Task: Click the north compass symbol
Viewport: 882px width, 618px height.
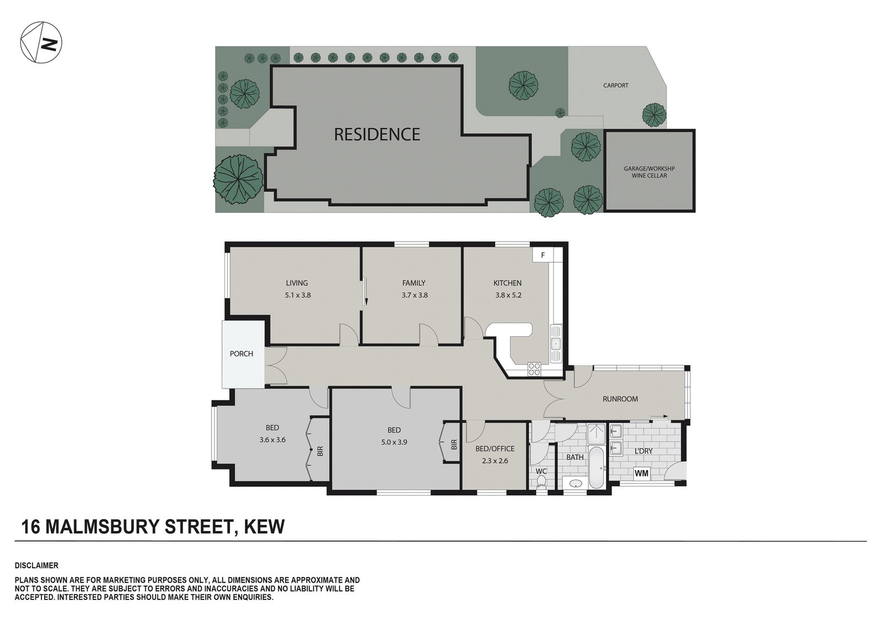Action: pyautogui.click(x=41, y=42)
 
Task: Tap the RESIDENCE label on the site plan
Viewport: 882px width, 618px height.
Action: pyautogui.click(x=377, y=135)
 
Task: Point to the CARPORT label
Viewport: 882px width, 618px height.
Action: pyautogui.click(x=615, y=85)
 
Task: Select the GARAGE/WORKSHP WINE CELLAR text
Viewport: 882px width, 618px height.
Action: pyautogui.click(x=649, y=172)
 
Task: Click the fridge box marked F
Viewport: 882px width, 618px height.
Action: pyautogui.click(x=542, y=255)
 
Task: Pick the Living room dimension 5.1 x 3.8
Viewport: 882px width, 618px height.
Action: pyautogui.click(x=298, y=294)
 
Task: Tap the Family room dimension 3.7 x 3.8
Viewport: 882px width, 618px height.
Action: pyautogui.click(x=415, y=294)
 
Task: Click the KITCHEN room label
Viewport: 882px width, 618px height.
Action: pyautogui.click(x=508, y=283)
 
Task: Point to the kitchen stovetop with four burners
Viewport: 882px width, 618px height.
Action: pyautogui.click(x=534, y=369)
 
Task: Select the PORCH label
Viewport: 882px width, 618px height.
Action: pyautogui.click(x=241, y=354)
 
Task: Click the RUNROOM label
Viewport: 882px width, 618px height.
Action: pyautogui.click(x=620, y=399)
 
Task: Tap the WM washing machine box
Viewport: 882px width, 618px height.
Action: pyautogui.click(x=642, y=473)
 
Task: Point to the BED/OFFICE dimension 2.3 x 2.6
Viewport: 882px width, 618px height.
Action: pyautogui.click(x=495, y=460)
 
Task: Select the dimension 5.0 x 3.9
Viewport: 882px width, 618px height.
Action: pyautogui.click(x=394, y=442)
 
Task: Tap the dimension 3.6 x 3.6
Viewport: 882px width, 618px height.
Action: pyautogui.click(x=272, y=439)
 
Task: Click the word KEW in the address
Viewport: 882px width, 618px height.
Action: pyautogui.click(x=265, y=526)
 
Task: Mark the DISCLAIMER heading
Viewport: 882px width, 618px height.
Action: pyautogui.click(x=36, y=566)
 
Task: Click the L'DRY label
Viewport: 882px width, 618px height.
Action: pyautogui.click(x=643, y=451)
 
